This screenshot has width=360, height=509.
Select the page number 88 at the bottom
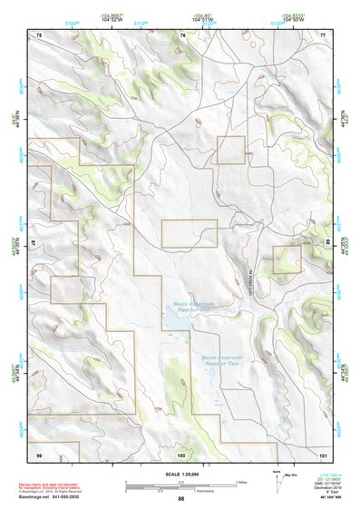(180, 499)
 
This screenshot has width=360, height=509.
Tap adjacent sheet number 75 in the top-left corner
(39, 34)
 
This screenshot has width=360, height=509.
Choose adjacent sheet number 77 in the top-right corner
(323, 34)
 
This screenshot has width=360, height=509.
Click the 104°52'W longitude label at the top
(112, 18)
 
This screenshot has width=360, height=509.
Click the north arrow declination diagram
(276, 478)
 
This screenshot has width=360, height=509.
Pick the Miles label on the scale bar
(241, 481)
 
